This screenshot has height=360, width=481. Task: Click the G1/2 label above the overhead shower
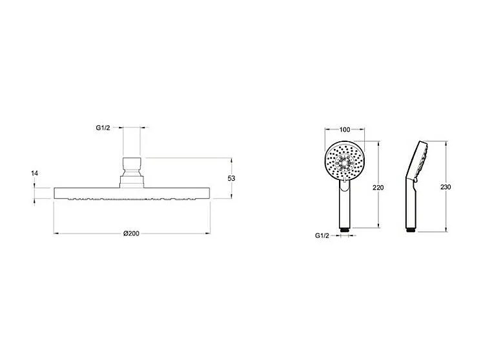[x=103, y=128]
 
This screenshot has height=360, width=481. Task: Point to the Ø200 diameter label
[x=132, y=233]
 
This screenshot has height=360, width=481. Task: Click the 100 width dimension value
[x=344, y=130]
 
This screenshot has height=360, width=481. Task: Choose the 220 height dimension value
[x=378, y=187]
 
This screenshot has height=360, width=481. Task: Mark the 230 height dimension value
[x=445, y=187]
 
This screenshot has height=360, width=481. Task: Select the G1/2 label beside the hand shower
[x=323, y=235]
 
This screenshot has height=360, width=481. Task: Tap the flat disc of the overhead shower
[x=132, y=192]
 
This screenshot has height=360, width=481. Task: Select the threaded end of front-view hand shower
[x=344, y=228]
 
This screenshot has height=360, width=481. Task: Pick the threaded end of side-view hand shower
[x=409, y=228]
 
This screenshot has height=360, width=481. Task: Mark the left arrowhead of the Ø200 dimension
[x=56, y=233]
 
